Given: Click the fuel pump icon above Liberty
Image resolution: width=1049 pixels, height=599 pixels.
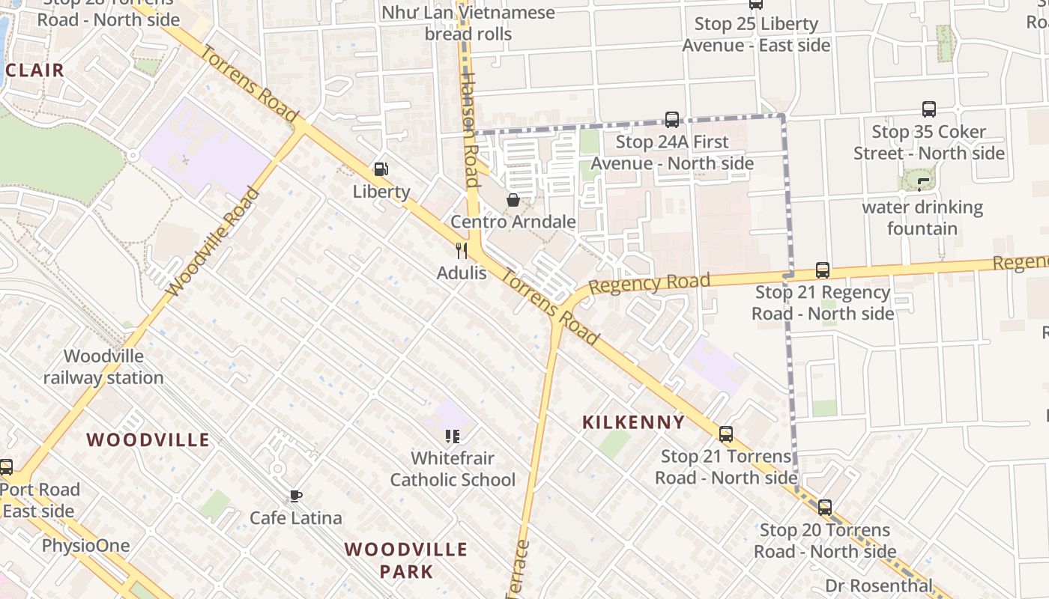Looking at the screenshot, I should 381,169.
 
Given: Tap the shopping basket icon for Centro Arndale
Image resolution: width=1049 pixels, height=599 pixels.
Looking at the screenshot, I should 513,200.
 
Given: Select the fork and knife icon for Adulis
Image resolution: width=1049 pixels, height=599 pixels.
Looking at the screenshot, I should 462,251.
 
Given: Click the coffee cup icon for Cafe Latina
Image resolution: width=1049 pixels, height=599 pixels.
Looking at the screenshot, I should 296,496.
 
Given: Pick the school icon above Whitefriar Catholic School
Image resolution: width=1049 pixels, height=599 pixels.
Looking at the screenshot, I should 452,436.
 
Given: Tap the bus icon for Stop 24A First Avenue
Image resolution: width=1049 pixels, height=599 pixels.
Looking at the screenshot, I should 672,120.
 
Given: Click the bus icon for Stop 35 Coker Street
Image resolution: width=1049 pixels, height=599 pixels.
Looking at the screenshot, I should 929,109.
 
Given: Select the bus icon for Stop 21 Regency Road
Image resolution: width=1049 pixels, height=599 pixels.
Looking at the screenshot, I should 823,270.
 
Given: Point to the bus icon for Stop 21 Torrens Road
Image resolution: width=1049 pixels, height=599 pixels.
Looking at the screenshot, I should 726,434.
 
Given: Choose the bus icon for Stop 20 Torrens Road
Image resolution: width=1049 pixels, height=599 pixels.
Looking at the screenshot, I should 825,508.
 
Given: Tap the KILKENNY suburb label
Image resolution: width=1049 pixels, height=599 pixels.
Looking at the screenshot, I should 634,422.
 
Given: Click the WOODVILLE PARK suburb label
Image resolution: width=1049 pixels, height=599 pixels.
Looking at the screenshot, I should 406,560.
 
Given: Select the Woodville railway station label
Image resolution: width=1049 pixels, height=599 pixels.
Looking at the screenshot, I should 103,367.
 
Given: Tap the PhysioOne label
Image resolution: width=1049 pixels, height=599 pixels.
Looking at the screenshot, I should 85,545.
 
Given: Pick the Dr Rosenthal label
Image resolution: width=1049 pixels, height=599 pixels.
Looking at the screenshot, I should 879,586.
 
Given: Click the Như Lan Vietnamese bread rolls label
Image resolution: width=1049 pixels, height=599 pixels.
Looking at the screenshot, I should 468,23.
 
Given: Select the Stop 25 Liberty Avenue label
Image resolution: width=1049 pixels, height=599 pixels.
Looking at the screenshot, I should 756,34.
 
